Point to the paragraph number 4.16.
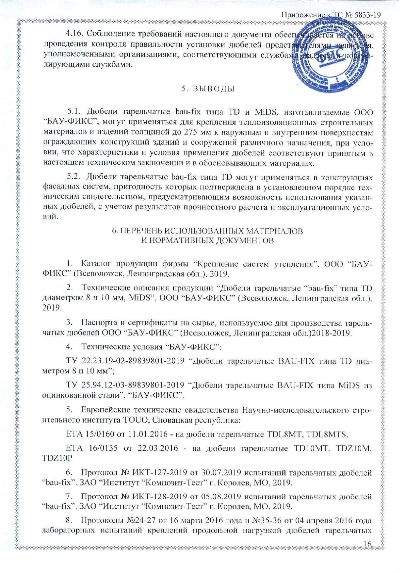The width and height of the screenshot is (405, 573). point(74,35)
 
